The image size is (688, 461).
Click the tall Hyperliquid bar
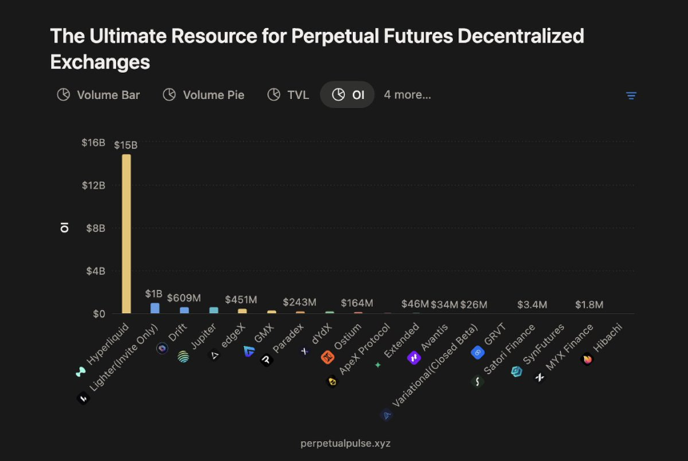[x=126, y=233]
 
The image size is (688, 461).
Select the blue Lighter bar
[x=155, y=308]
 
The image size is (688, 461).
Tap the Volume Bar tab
[x=98, y=95]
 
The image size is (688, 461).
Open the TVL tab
[x=288, y=95]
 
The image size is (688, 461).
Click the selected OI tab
[x=348, y=95]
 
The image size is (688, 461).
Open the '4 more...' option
[x=407, y=95]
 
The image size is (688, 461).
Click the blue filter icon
[x=631, y=96]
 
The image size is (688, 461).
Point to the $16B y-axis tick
[x=94, y=142]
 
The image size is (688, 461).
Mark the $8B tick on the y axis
[x=95, y=228]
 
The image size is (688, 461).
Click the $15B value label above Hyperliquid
[x=126, y=145]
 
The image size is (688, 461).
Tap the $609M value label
[x=183, y=297]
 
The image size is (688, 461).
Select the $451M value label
[x=241, y=300]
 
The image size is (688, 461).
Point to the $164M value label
[x=357, y=303]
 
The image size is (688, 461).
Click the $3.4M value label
[x=532, y=304]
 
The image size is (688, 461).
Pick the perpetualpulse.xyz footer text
[x=346, y=443]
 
